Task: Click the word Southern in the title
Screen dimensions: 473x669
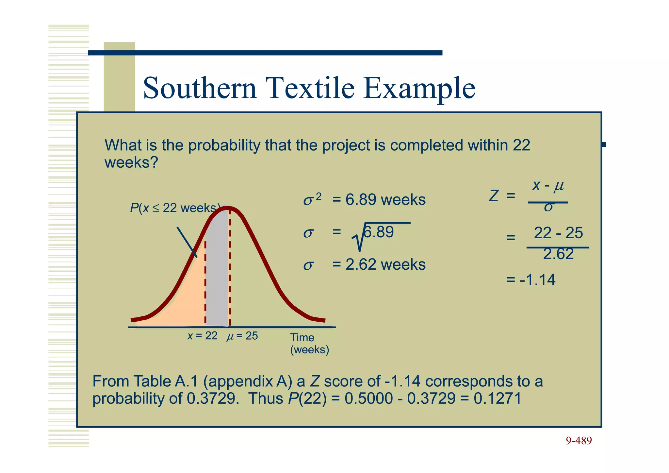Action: (x=200, y=88)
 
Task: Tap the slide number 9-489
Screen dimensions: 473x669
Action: (x=579, y=441)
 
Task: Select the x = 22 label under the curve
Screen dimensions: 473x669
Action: (x=202, y=336)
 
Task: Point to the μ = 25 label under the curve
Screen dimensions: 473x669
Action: (x=242, y=336)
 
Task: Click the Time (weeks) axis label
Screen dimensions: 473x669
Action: (x=309, y=344)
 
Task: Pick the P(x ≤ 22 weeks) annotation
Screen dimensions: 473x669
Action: (x=175, y=208)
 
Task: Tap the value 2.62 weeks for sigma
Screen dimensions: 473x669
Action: (x=385, y=264)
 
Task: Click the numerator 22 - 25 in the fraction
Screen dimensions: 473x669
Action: (x=558, y=233)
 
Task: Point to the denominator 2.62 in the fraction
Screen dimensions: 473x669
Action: (x=558, y=254)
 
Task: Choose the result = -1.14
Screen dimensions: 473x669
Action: (x=531, y=280)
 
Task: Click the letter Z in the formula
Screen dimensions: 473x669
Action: (x=494, y=196)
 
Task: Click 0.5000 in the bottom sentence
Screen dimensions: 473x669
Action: (x=368, y=398)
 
